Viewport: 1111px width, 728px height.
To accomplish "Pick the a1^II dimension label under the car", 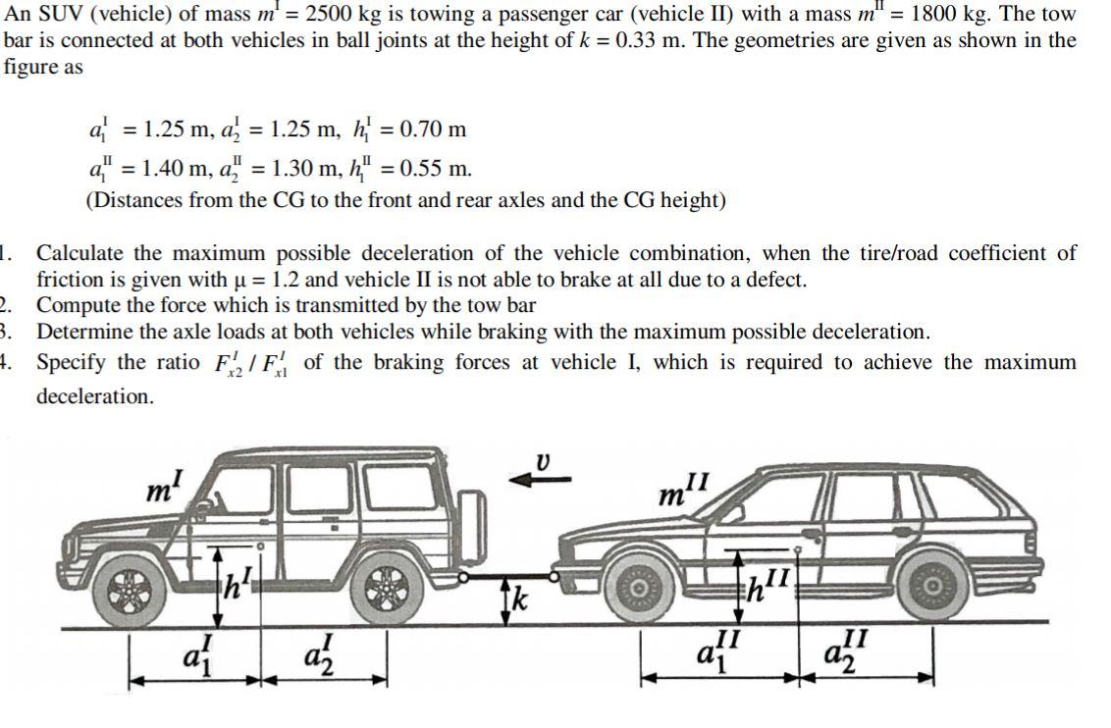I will [718, 653].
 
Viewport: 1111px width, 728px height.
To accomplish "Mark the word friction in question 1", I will [68, 280].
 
